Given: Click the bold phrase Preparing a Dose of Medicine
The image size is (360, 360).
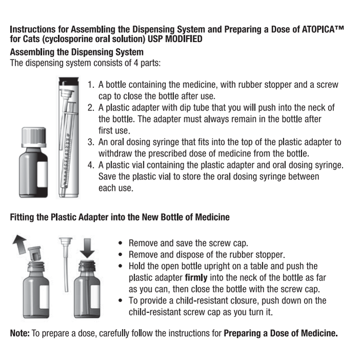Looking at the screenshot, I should point(281,333).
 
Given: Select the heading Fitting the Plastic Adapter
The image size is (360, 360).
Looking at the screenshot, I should point(120,217).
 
